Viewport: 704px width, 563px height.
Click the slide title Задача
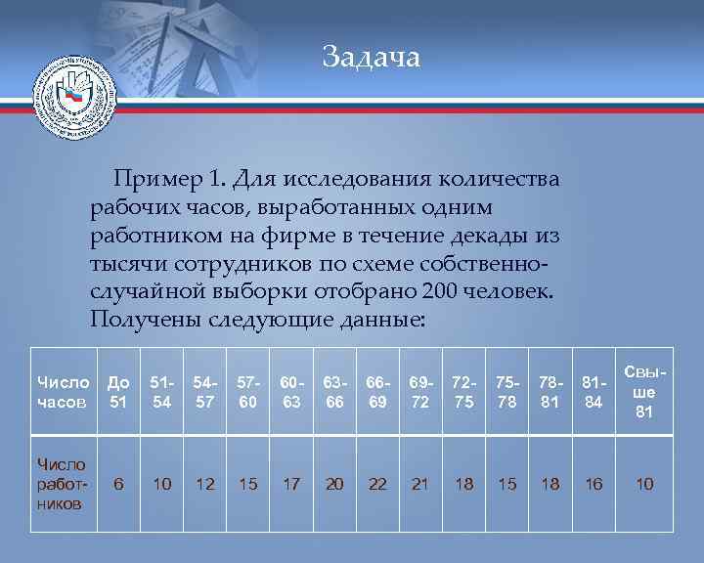click(372, 58)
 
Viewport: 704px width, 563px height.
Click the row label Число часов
click(63, 392)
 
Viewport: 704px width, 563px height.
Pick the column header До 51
click(118, 392)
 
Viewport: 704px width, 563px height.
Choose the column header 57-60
click(248, 392)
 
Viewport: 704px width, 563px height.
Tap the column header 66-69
click(377, 392)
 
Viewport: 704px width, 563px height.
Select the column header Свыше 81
click(644, 392)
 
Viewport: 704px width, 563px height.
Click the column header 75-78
click(506, 392)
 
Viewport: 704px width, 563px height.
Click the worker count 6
click(118, 484)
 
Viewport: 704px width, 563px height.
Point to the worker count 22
click(377, 484)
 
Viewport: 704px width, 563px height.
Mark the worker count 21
click(420, 484)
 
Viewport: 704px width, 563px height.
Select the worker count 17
click(291, 484)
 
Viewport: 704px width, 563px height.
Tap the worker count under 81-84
click(594, 484)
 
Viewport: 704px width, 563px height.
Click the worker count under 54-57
click(205, 484)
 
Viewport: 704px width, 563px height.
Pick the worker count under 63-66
click(334, 484)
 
